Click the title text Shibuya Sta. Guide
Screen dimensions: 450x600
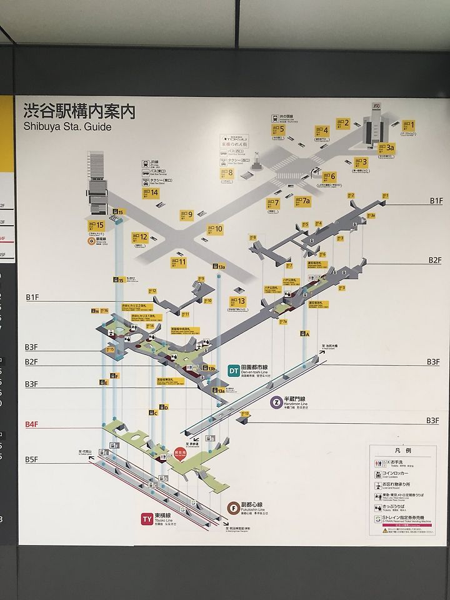click(x=67, y=127)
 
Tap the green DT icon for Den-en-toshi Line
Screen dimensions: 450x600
click(x=232, y=370)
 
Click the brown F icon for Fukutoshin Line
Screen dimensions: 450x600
click(x=232, y=507)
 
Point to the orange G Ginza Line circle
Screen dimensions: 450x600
click(x=91, y=239)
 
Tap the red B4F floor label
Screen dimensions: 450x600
click(x=32, y=424)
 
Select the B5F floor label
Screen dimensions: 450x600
click(x=32, y=460)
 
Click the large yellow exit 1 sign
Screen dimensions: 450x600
click(x=407, y=125)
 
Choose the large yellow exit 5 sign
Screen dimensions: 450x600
click(x=278, y=130)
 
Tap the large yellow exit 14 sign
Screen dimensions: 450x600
click(x=150, y=193)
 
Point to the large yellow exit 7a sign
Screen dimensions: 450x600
click(x=302, y=201)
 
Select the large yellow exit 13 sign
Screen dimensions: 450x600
click(x=237, y=301)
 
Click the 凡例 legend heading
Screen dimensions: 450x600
click(x=403, y=451)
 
